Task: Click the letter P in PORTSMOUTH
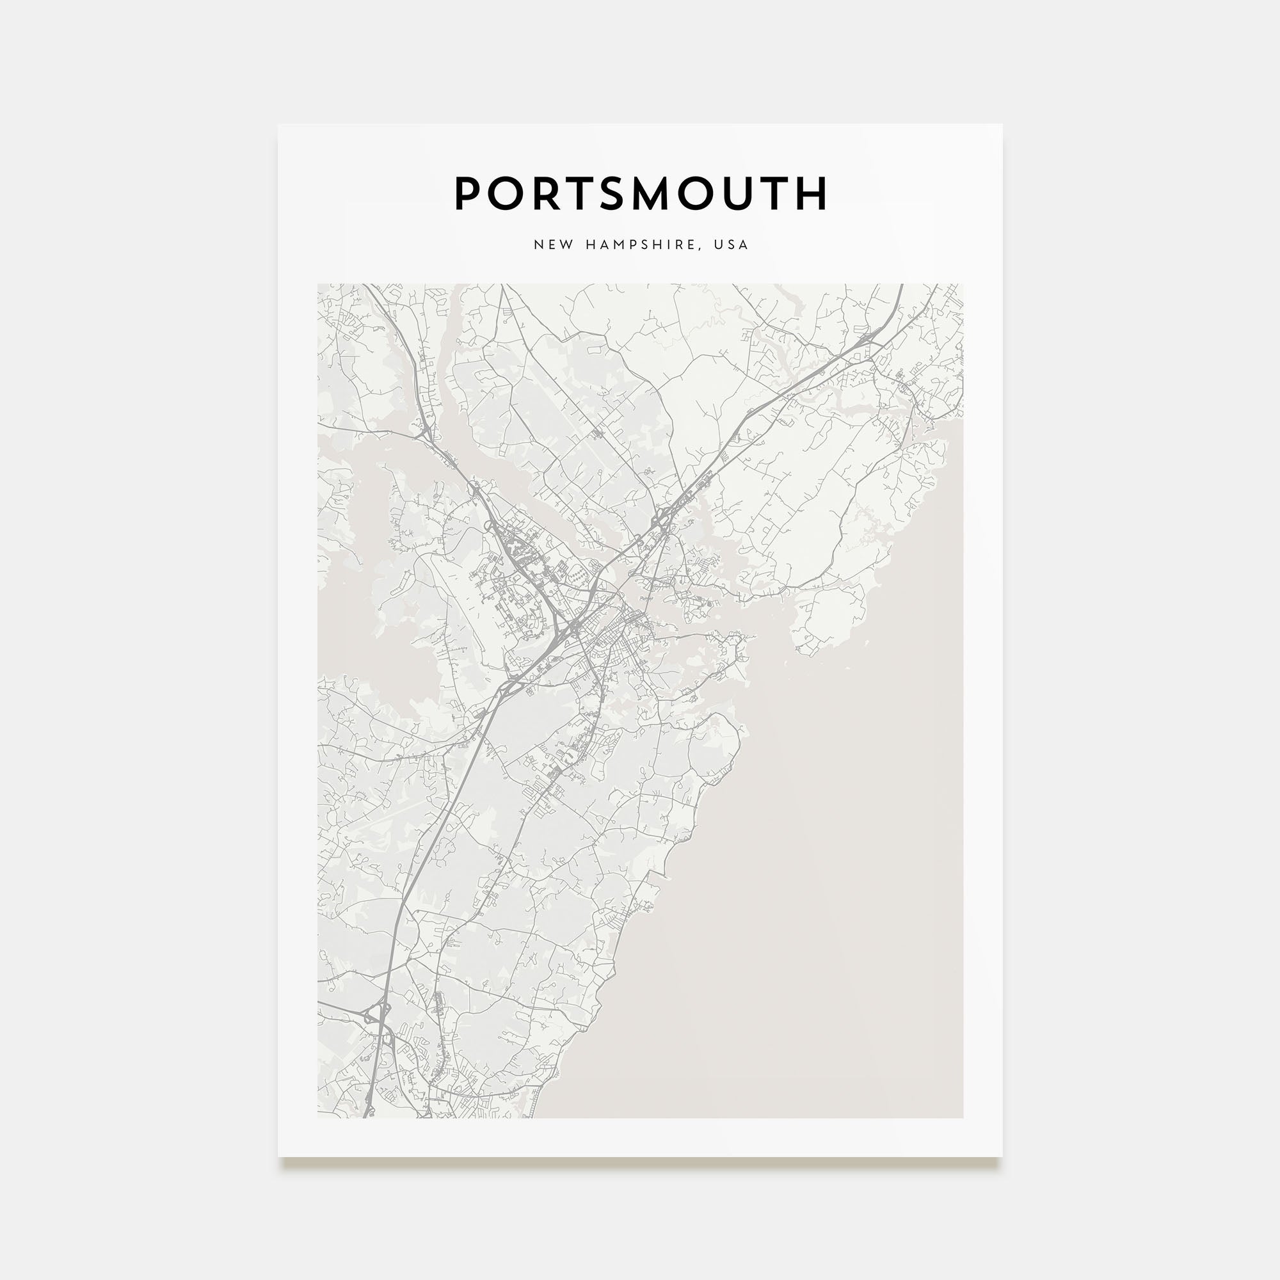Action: (467, 193)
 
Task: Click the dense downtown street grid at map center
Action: (620, 633)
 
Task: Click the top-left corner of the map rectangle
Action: (317, 284)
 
